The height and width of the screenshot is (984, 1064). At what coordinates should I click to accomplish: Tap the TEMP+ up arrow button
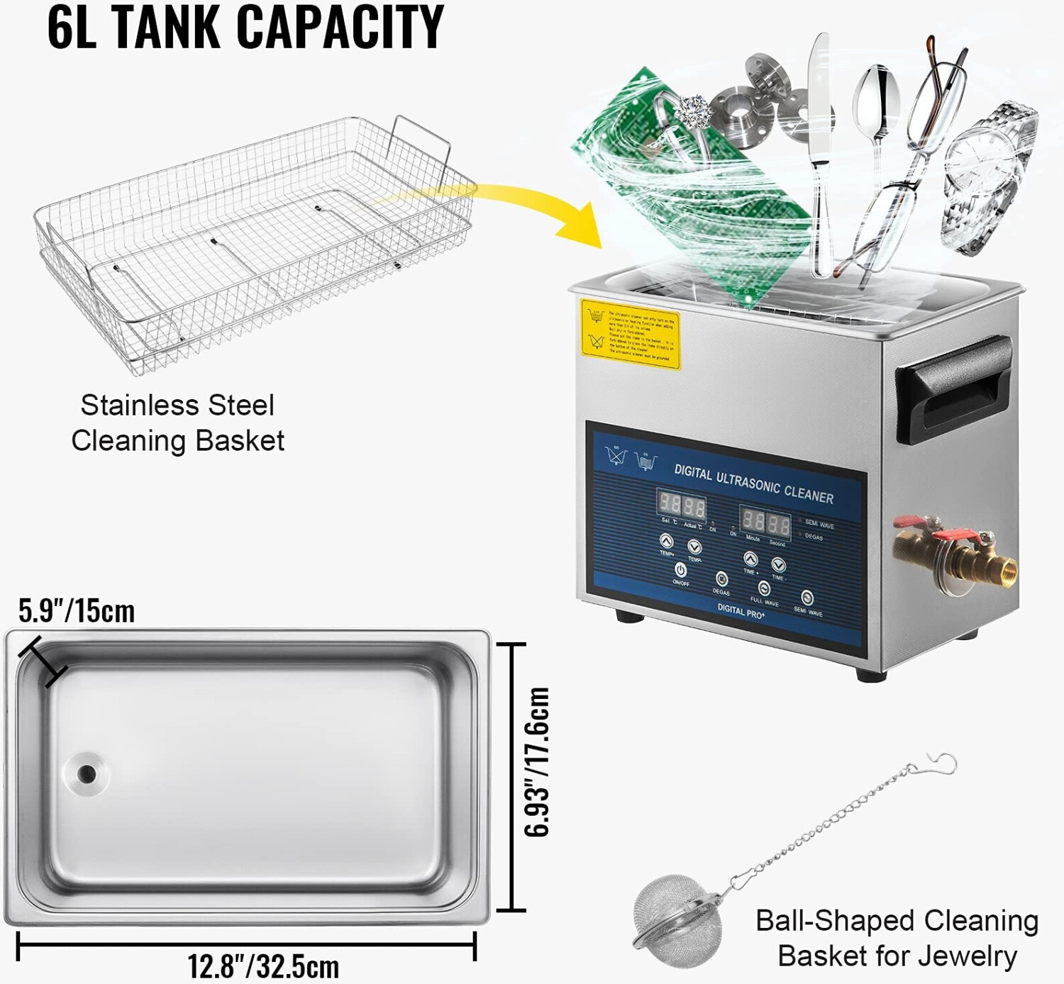[x=666, y=542]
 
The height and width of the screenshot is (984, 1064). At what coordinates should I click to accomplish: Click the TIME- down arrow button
[x=778, y=565]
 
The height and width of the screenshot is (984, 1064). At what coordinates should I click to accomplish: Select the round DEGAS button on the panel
[x=721, y=579]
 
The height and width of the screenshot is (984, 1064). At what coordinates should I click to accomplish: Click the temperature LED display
[x=681, y=506]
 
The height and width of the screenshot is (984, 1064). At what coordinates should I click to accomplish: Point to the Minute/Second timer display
[x=765, y=523]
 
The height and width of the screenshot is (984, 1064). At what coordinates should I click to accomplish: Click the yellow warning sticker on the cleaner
[x=630, y=335]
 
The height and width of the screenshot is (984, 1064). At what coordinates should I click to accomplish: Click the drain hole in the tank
[x=87, y=773]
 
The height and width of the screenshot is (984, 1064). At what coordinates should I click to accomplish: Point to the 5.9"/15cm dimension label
[x=77, y=611]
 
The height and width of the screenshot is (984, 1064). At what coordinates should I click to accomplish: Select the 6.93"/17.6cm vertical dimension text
[x=537, y=762]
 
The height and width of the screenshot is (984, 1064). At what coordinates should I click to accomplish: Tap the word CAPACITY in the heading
[x=340, y=27]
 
